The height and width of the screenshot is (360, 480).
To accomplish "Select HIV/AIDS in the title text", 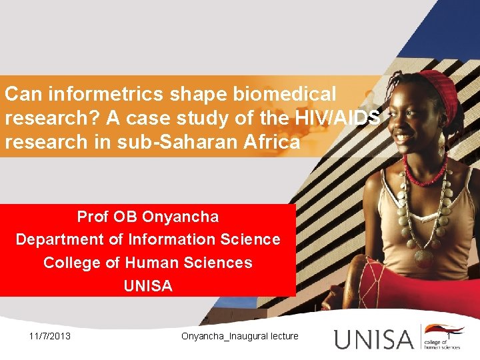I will (x=337, y=118).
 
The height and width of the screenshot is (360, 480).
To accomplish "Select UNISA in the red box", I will (x=148, y=286).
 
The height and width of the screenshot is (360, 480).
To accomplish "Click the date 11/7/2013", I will (x=50, y=336).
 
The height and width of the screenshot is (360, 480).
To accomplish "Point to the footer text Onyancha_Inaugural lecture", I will (x=240, y=336).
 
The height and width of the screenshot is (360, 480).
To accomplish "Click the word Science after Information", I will (x=253, y=239).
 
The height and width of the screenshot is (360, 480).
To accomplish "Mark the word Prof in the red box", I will (x=93, y=217).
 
